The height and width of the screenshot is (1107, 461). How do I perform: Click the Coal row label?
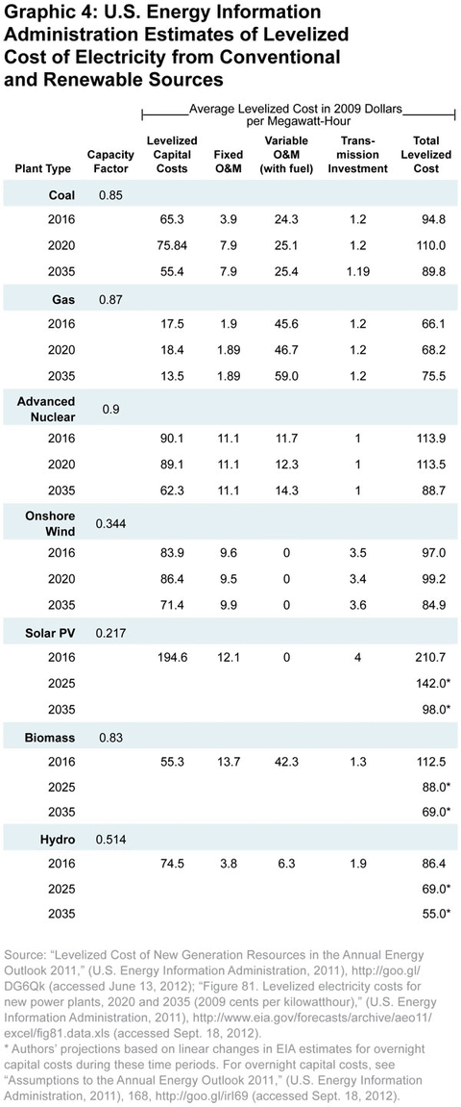[x=62, y=196]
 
